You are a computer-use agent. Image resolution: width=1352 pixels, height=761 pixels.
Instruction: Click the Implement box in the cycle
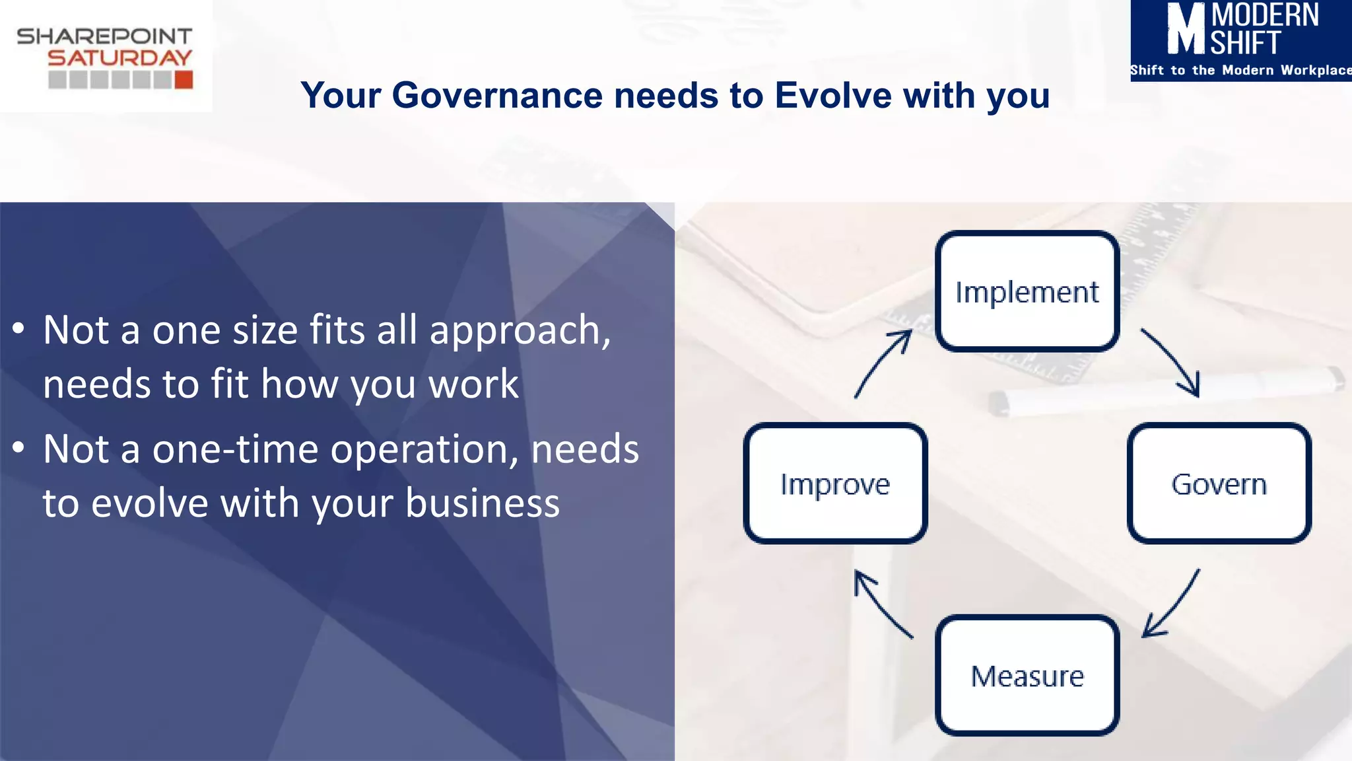click(x=1027, y=291)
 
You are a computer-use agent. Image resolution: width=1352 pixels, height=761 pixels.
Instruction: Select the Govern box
click(x=1219, y=484)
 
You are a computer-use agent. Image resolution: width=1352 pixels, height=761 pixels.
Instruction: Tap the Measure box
click(x=1027, y=676)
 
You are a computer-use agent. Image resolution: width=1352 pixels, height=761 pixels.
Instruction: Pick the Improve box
click(x=835, y=484)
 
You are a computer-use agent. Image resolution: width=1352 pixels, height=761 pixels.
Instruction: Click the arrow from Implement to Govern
click(x=1172, y=363)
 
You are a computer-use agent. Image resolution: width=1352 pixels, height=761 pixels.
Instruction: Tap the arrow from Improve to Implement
click(x=882, y=363)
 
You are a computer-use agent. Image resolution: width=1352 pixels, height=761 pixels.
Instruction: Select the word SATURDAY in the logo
click(x=119, y=58)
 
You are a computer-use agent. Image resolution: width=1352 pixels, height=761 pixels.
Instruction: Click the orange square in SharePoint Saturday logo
click(x=184, y=80)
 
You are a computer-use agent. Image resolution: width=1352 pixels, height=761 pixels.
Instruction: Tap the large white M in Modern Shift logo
click(x=1186, y=29)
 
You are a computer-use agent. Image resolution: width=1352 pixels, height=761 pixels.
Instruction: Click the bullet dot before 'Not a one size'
click(x=18, y=328)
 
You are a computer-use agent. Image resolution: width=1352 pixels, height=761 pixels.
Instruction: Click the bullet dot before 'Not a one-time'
click(x=18, y=448)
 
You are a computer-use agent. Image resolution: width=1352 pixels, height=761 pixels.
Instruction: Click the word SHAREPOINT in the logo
click(x=104, y=36)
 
